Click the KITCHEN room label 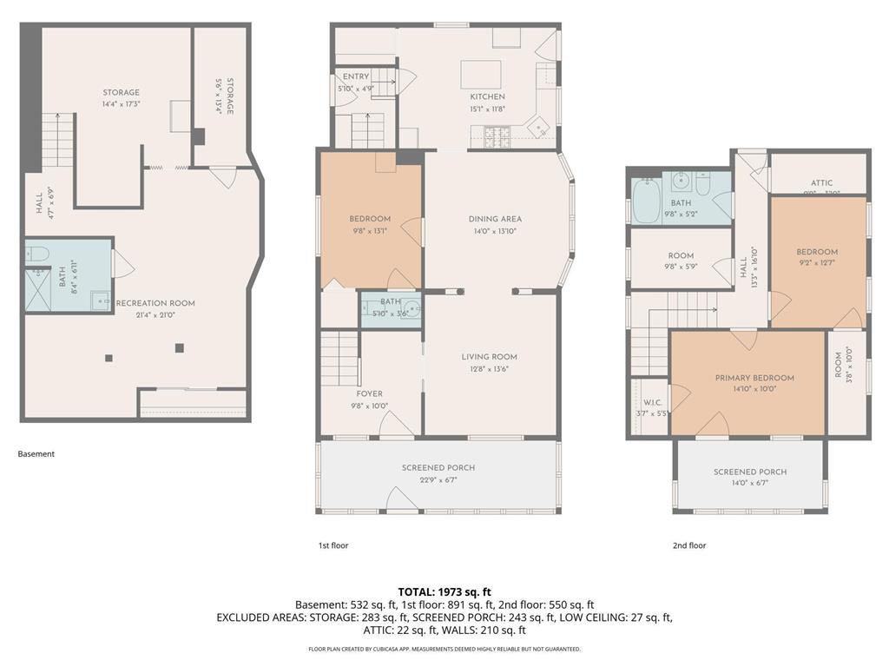pos(487,96)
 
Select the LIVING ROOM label pos(489,356)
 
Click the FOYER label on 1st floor pos(369,393)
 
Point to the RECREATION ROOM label pos(155,303)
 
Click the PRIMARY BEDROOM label pos(754,378)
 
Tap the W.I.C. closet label pos(653,402)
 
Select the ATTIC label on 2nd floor pos(821,182)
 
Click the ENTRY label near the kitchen pos(356,77)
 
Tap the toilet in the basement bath pos(37,254)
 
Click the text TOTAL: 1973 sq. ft pos(444,591)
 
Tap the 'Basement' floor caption pos(36,453)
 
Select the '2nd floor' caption pos(689,545)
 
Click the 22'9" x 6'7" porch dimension pos(438,479)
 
